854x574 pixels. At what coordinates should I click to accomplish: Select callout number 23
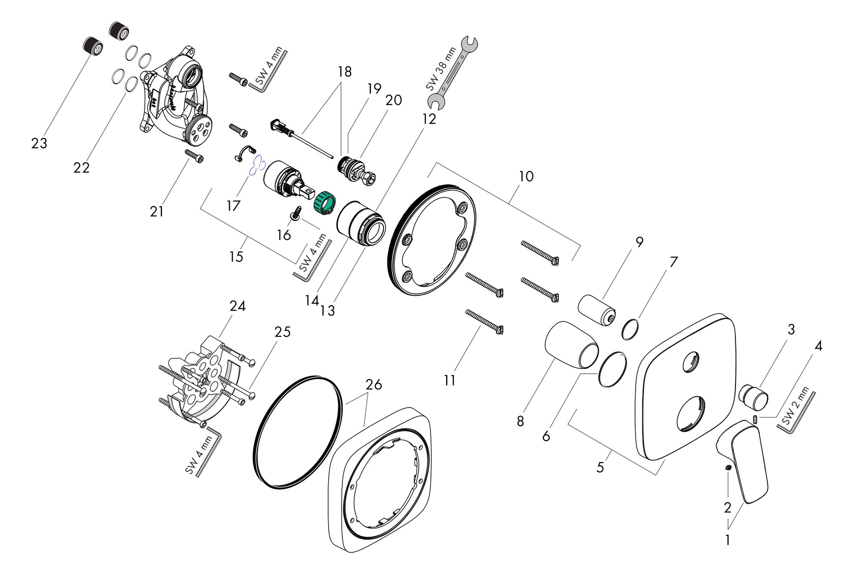(39, 143)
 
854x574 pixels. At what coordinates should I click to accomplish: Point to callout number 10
(526, 176)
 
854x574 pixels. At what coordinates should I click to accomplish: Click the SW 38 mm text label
(441, 69)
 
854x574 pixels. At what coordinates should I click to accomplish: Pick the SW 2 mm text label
(795, 407)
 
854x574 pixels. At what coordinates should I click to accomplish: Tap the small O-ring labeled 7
(630, 328)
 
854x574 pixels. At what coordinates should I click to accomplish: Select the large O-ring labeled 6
(612, 369)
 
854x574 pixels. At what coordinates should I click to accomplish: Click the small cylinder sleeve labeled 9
(596, 310)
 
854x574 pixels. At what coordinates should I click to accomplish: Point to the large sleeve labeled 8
(571, 345)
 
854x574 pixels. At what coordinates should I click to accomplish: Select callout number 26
(374, 384)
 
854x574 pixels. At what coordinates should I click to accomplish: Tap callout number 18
(345, 72)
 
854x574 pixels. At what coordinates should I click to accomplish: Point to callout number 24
(238, 306)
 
